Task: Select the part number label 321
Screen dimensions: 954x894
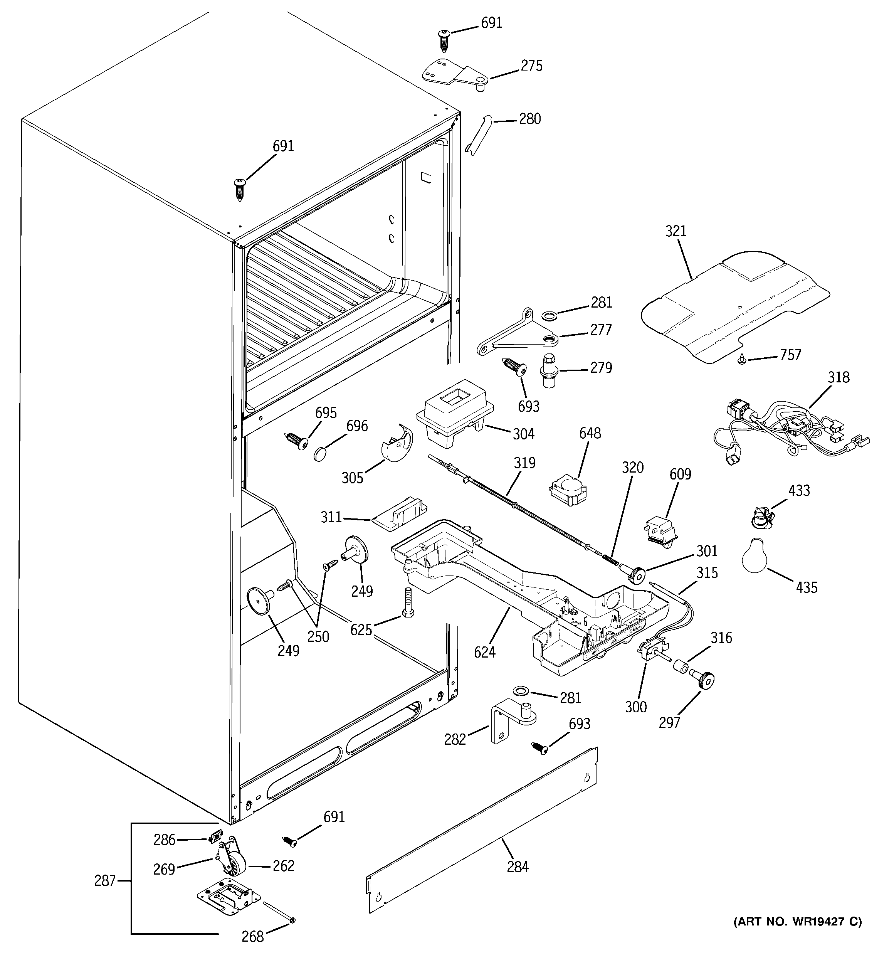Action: [x=676, y=232]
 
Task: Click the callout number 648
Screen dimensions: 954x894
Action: [x=590, y=433]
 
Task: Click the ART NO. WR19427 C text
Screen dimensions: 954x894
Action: [x=797, y=921]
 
